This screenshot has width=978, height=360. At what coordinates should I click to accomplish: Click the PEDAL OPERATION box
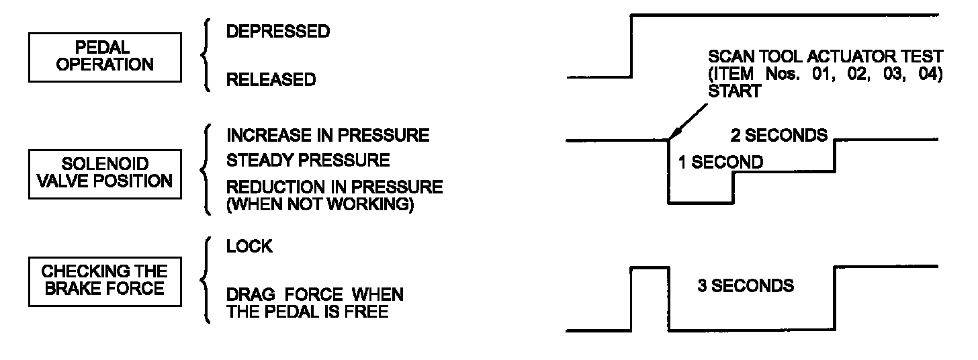click(x=105, y=56)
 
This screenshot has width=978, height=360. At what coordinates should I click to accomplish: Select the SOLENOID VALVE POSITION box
click(x=105, y=173)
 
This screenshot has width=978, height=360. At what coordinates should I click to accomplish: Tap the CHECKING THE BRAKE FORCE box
click(x=105, y=280)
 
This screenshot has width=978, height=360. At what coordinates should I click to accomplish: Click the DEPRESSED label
click(x=277, y=32)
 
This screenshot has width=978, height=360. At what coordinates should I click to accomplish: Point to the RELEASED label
click(x=271, y=80)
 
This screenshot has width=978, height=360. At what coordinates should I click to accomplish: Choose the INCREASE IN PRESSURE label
click(x=328, y=135)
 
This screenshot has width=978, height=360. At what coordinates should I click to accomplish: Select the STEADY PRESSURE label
click(x=308, y=161)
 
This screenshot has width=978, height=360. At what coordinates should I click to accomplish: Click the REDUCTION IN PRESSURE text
click(x=335, y=187)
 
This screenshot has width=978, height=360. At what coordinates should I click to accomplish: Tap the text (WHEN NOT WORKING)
click(x=319, y=205)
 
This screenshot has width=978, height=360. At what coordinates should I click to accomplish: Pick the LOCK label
click(x=249, y=246)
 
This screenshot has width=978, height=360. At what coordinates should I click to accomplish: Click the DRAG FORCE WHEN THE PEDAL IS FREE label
click(x=314, y=303)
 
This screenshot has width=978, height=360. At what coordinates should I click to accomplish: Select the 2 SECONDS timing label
click(x=779, y=135)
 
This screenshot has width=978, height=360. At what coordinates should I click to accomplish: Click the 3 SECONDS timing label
click(x=746, y=285)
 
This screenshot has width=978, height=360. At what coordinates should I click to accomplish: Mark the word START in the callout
click(x=735, y=91)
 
